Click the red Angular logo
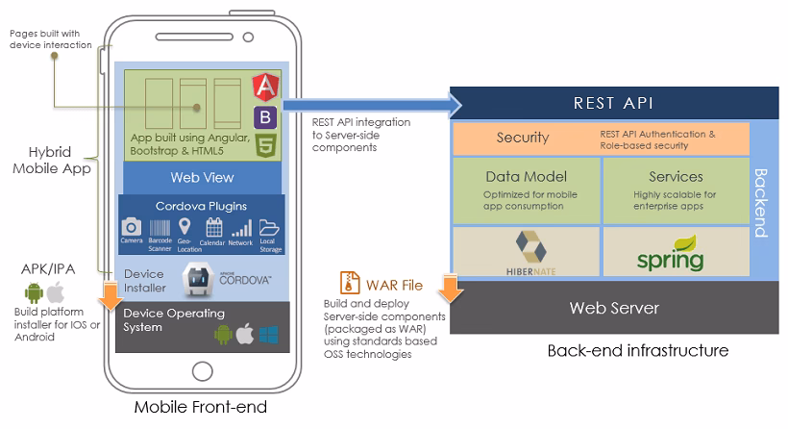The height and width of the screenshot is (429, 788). (266, 88)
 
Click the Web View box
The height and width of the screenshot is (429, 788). (202, 177)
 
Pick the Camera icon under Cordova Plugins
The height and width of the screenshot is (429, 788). (132, 228)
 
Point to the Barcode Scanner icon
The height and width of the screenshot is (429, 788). (160, 228)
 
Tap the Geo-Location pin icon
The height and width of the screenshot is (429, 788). (185, 228)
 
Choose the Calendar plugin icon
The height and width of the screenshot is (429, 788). (213, 228)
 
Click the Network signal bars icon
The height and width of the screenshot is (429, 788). (240, 228)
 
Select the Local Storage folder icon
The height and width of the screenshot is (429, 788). (268, 228)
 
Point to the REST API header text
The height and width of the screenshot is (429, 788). (614, 103)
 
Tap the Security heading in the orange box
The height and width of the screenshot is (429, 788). (522, 138)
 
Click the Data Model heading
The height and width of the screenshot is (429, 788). (526, 176)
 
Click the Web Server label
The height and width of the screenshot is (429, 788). (614, 308)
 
